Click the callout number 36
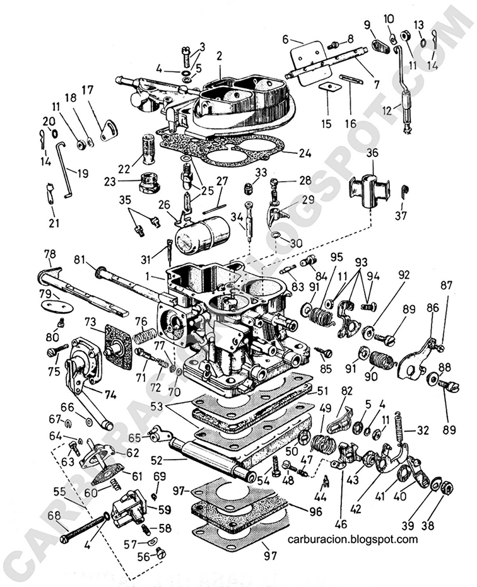(372, 153)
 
